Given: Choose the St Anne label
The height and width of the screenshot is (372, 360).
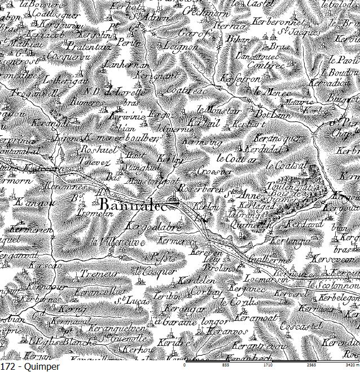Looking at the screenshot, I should pos(236,195).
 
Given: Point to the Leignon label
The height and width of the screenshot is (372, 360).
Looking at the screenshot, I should pos(179,47).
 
